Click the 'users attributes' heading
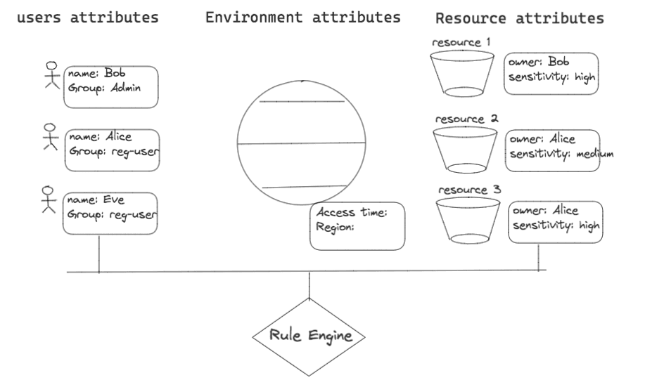point(87,17)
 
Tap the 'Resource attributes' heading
point(520,19)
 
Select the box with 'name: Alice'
point(110,149)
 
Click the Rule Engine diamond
point(309,336)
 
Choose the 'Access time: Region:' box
point(357,224)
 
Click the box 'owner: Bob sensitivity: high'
point(551,74)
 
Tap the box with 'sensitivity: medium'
point(553,150)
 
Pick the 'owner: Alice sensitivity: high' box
point(556,221)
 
